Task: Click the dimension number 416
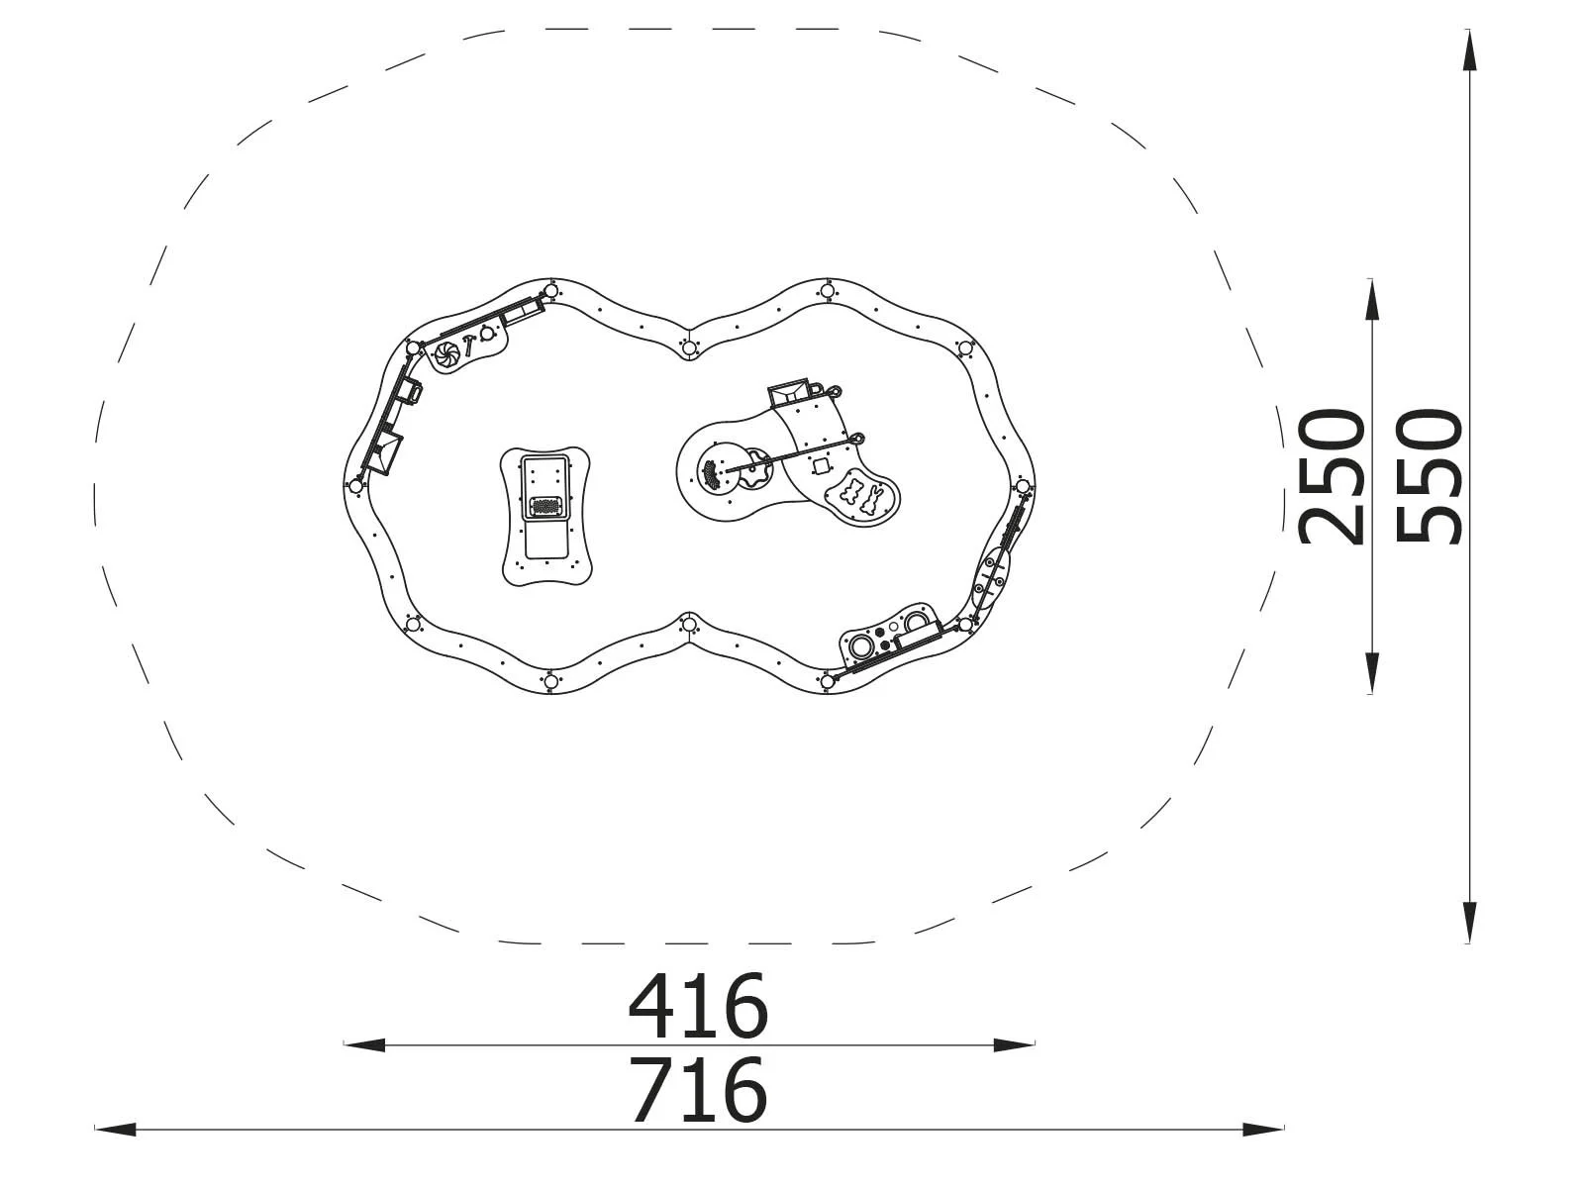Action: point(698,1006)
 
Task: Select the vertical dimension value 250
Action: point(1333,477)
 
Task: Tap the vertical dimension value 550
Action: point(1429,477)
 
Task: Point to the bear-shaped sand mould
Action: point(852,493)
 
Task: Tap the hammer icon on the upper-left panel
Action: point(468,345)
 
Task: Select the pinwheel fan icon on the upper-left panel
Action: point(446,353)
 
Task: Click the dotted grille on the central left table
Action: point(545,507)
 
